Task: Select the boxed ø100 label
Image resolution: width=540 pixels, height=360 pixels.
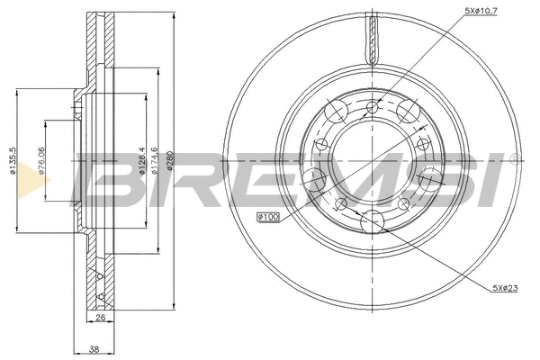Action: [269, 217]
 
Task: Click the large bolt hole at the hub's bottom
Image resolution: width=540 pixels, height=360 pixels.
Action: [371, 220]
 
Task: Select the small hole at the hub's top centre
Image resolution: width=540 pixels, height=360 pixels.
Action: [372, 108]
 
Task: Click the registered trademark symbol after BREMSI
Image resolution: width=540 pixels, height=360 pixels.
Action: [513, 158]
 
